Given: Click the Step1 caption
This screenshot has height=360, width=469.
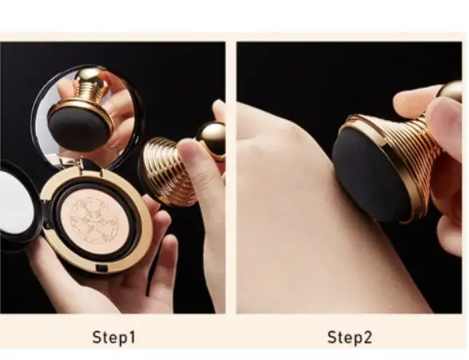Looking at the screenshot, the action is click(x=114, y=338).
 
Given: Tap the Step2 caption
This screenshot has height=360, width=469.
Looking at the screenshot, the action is click(x=350, y=338).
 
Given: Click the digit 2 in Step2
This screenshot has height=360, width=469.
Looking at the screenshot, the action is click(x=367, y=337).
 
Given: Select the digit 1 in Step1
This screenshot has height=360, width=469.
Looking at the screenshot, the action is click(x=131, y=337).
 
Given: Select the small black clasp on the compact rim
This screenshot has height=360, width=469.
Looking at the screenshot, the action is click(x=101, y=268).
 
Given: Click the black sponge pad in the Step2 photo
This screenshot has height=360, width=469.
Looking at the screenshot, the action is click(x=368, y=180).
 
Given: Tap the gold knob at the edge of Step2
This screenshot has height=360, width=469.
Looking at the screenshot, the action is click(x=451, y=91).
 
